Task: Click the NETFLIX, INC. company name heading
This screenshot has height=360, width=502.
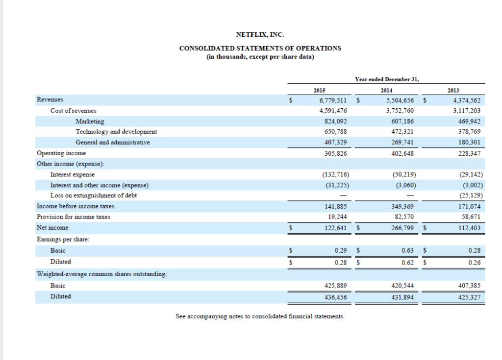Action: coord(260,34)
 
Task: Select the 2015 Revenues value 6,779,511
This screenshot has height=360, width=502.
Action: coord(333,99)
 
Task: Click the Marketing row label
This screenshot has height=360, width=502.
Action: coord(90,121)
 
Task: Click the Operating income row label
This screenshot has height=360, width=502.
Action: coord(61,153)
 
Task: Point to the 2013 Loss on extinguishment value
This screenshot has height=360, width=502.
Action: coord(469,195)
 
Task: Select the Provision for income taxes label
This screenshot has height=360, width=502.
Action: coord(74,216)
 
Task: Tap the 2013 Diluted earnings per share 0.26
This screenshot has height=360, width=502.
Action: coord(474,262)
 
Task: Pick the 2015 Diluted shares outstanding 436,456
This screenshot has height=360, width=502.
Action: coord(337,297)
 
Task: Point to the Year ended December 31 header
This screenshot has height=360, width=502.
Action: coord(387,79)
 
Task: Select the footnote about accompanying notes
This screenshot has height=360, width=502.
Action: coord(260,316)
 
